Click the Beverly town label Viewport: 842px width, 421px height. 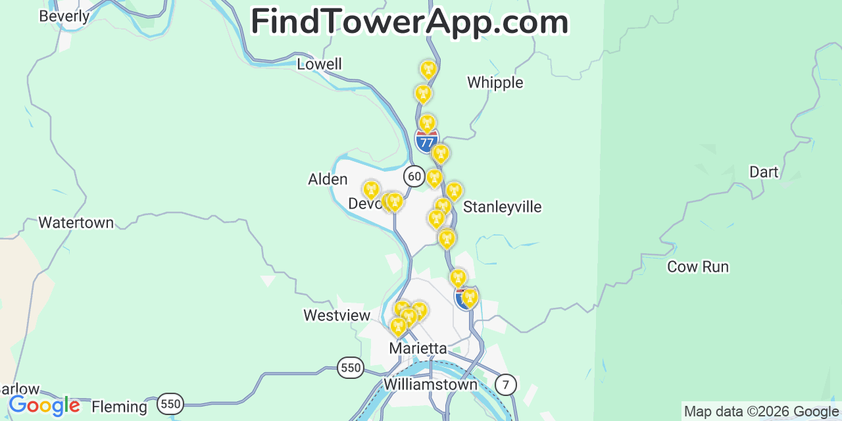tap(64, 16)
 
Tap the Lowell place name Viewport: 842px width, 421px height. tap(319, 64)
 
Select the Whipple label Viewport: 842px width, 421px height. tap(495, 82)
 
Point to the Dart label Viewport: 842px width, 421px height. tap(763, 172)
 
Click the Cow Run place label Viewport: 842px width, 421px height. tap(697, 266)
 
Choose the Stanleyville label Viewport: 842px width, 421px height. tap(502, 207)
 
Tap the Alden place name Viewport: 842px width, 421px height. tap(328, 179)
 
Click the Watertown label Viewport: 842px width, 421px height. tap(76, 222)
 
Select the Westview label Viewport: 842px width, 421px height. tap(337, 315)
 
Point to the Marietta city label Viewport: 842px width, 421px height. tap(418, 348)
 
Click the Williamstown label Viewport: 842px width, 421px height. tap(430, 384)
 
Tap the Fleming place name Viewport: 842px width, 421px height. tap(119, 407)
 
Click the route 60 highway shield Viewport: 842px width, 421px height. tap(414, 176)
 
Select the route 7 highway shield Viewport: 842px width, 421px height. tap(505, 384)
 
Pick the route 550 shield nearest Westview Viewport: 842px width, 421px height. tap(351, 367)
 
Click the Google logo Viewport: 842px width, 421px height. tap(44, 405)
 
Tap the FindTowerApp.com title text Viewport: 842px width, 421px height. tap(409, 22)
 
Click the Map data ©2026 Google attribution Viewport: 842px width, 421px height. tap(761, 412)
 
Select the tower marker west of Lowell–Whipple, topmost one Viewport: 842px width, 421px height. tap(428, 69)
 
